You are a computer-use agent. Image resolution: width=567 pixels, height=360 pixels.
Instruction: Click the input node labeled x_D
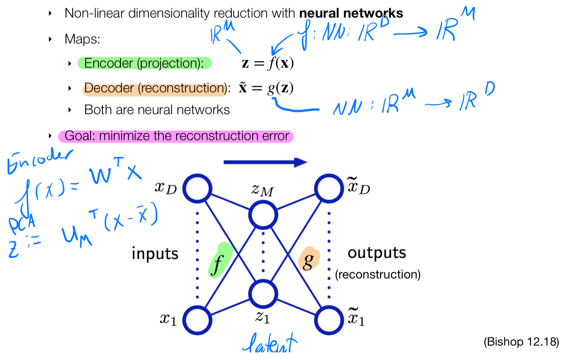click(197, 188)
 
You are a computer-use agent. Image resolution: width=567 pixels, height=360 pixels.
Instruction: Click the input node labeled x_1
click(197, 320)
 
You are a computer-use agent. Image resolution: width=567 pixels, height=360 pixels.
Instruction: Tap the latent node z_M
click(263, 215)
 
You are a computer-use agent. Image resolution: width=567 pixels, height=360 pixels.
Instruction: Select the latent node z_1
click(263, 294)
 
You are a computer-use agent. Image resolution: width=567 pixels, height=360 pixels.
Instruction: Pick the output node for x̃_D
click(329, 188)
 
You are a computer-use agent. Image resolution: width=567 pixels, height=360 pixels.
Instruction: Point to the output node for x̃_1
click(329, 320)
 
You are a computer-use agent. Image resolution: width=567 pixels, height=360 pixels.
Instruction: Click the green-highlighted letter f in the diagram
click(218, 263)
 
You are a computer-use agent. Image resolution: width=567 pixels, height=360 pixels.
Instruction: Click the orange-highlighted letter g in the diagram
click(308, 261)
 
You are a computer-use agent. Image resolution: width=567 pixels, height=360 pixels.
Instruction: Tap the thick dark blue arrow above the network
click(265, 162)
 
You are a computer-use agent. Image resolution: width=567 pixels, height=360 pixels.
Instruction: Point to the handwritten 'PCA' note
click(22, 224)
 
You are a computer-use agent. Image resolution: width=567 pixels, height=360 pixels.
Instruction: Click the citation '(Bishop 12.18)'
click(521, 342)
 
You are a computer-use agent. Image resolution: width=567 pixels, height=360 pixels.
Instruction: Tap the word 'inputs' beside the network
click(155, 254)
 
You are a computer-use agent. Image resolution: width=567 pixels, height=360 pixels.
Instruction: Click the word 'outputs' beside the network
click(377, 253)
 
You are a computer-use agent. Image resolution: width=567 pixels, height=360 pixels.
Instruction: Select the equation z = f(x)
click(268, 63)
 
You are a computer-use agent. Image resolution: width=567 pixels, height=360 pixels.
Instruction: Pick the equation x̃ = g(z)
click(266, 88)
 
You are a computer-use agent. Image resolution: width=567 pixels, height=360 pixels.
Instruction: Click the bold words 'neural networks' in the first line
click(351, 13)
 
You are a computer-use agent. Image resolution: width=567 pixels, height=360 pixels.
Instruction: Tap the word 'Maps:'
click(82, 39)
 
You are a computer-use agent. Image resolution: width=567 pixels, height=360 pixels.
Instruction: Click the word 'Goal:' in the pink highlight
click(80, 136)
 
